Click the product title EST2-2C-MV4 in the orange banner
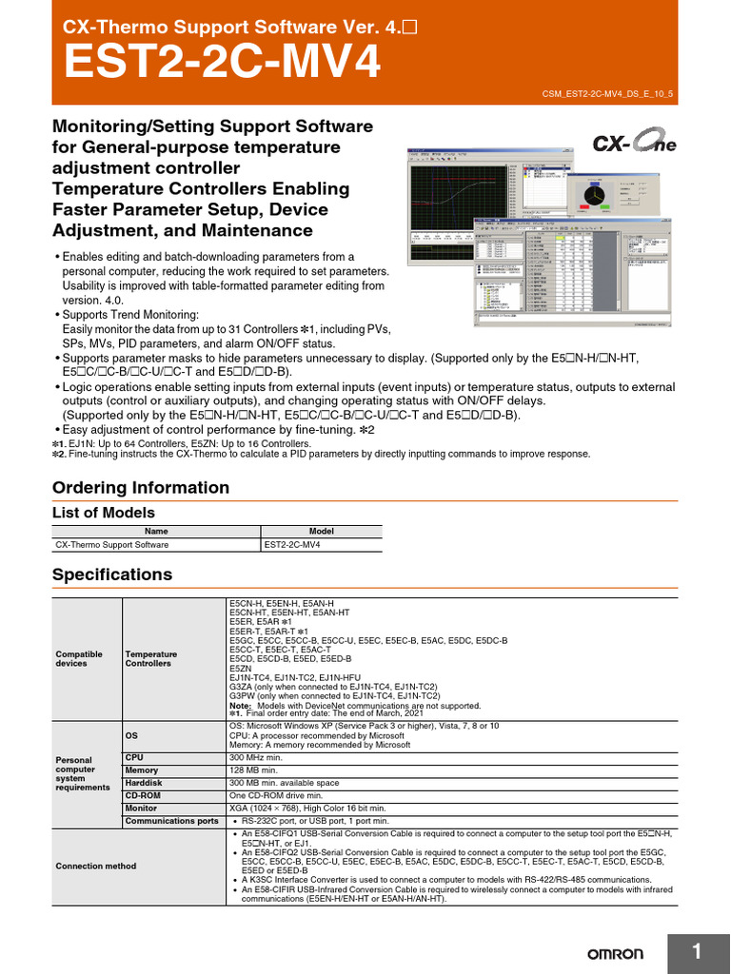point(222,65)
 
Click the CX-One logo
point(635,144)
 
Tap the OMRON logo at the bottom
point(614,953)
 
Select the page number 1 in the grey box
point(697,952)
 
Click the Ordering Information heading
point(141,488)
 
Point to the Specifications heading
point(112,575)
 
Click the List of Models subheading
point(104,513)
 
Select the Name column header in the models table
point(156,531)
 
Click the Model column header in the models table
point(322,531)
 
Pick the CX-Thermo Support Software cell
point(112,545)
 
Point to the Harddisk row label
point(145,783)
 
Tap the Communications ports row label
point(172,820)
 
